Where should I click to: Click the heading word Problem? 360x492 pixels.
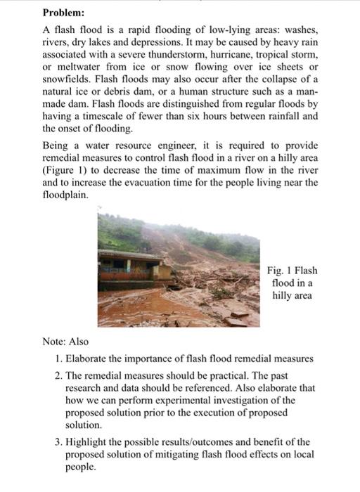click(x=63, y=13)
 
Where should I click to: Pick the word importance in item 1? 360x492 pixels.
click(x=153, y=358)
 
